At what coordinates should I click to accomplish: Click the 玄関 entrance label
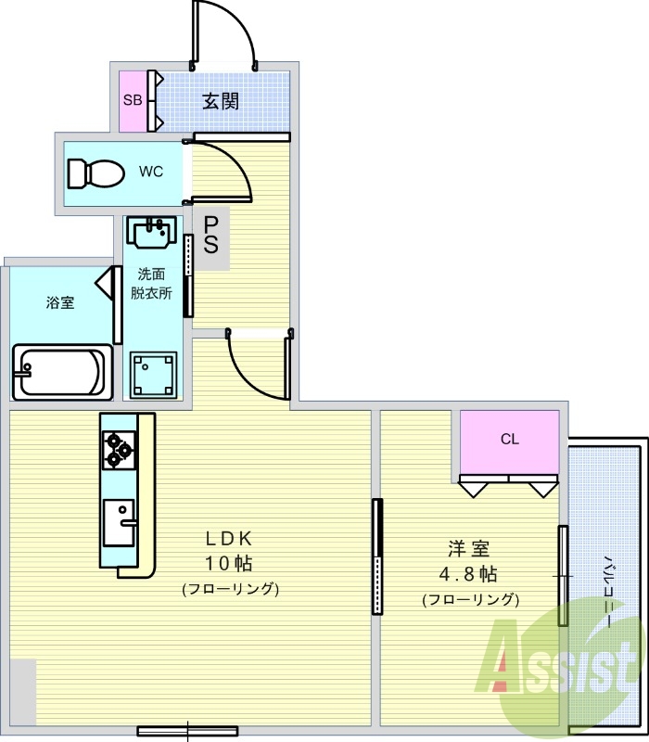[221, 100]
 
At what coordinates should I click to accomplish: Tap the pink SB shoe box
[133, 100]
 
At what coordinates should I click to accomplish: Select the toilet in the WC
[95, 173]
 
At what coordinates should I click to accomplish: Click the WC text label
[152, 172]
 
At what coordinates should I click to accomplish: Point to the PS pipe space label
[212, 235]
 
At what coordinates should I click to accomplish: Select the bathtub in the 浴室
[58, 372]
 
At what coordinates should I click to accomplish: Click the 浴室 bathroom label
[61, 303]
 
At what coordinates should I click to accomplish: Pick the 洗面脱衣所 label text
[153, 282]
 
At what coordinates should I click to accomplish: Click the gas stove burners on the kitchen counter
[119, 448]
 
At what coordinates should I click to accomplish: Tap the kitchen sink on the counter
[119, 522]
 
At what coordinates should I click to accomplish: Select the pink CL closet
[510, 440]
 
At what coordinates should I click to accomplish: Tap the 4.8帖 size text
[470, 573]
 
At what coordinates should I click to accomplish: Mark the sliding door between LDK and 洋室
[376, 556]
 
